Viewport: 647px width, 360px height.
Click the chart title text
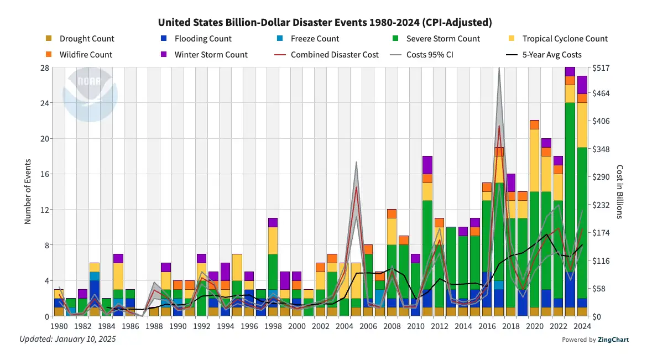[325, 23]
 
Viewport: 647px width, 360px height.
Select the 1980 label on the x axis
[59, 327]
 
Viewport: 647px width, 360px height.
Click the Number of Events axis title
[28, 192]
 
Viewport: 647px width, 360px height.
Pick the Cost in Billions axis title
[620, 192]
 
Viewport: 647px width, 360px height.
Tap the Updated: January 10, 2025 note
[68, 339]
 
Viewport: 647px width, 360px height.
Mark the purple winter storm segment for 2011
[427, 165]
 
